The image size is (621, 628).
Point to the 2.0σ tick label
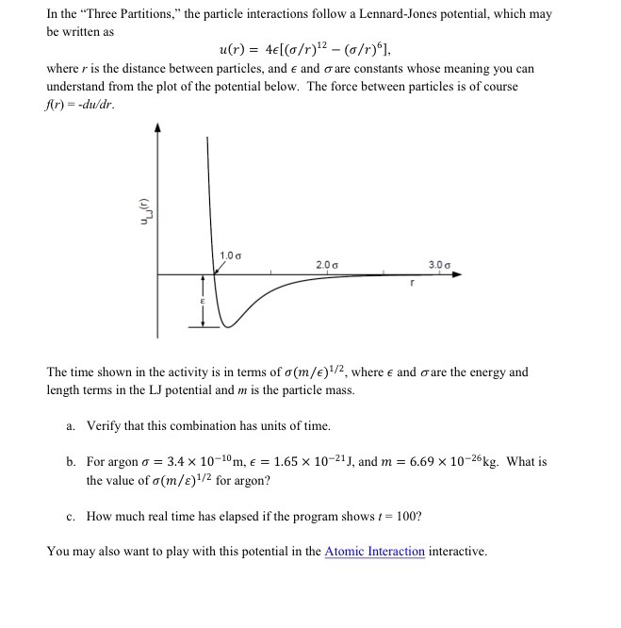point(327,264)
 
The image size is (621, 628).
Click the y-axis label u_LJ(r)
point(144,214)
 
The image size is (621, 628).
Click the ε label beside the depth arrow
point(201,301)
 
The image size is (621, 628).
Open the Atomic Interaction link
point(374,552)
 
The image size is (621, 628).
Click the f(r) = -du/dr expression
point(81,104)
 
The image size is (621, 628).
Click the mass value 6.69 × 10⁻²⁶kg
point(448,462)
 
